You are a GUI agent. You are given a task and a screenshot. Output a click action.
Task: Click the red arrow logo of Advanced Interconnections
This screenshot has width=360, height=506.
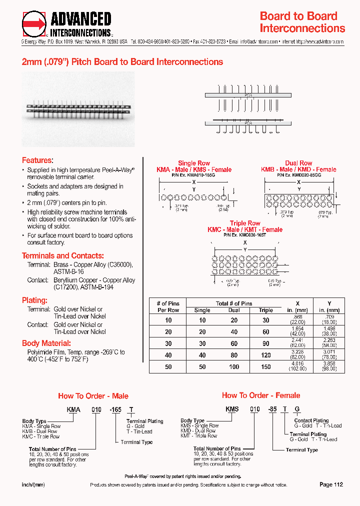[34, 24]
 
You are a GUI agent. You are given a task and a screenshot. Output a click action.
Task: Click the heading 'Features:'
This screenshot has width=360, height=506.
[37, 160]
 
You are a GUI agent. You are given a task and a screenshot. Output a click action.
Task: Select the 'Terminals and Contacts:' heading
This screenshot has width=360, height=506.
[63, 255]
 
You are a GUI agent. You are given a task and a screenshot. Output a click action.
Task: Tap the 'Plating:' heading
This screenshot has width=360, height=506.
[34, 300]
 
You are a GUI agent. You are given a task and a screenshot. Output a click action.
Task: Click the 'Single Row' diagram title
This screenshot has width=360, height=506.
[194, 163]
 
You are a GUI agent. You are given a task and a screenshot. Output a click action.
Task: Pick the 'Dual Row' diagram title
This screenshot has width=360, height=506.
[298, 163]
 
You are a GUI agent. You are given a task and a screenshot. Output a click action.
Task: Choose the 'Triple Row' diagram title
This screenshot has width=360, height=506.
[245, 223]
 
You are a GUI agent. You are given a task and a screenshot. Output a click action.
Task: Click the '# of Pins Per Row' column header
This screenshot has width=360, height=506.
[168, 306]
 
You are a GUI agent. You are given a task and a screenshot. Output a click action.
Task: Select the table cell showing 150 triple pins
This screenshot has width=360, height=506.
[266, 366]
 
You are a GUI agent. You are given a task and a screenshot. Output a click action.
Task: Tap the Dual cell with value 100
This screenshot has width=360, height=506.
[234, 366]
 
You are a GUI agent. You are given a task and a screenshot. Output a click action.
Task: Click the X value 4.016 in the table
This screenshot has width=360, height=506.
[298, 364]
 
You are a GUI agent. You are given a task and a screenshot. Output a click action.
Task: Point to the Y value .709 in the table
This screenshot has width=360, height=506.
[329, 318]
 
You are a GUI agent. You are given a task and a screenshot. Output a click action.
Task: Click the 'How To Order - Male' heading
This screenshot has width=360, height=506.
[93, 396]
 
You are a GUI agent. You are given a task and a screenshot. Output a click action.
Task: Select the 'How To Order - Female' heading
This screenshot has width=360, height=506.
[261, 395]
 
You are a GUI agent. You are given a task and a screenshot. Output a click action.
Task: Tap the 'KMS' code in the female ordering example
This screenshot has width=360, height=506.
[232, 409]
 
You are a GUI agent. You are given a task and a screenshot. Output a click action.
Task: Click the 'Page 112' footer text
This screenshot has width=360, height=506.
[331, 484]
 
